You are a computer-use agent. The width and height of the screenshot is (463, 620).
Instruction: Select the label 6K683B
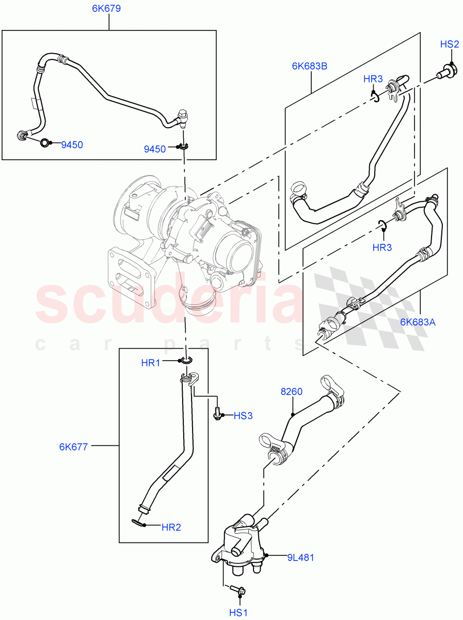point(310,66)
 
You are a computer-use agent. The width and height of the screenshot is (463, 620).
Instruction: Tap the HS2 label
point(449,44)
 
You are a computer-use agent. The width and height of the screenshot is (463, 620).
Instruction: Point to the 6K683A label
point(418,322)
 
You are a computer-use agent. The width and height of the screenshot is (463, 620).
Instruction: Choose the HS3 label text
point(243,415)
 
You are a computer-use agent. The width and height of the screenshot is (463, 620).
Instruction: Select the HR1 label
point(151,363)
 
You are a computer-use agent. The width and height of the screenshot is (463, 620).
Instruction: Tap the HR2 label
point(171,528)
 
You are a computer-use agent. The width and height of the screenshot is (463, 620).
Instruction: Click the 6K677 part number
point(74,446)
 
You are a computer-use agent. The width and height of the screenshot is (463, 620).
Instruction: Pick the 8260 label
point(292,392)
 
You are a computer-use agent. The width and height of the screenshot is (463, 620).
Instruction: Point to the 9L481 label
point(301,557)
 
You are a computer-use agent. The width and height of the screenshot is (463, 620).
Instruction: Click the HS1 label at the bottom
point(239,612)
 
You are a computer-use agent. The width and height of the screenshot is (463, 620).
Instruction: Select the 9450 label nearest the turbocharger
point(155,149)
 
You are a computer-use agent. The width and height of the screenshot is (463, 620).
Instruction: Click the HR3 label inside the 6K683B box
point(373,79)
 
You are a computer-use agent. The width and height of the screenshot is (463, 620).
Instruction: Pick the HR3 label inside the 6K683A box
point(382,247)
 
